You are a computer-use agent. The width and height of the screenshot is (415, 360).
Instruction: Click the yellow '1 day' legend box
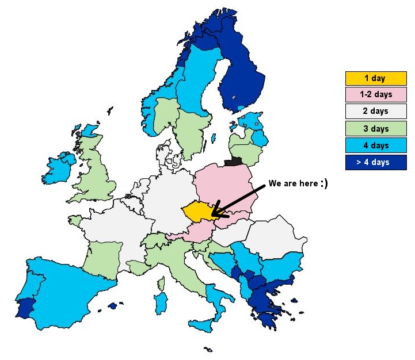point(375,78)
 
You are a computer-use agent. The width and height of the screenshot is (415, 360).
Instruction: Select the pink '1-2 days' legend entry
point(375,95)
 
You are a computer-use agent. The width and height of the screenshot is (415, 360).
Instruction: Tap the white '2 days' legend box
point(375,112)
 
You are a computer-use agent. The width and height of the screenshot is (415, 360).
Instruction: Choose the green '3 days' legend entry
point(375,128)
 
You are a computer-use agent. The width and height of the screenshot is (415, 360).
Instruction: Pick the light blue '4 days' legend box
point(375,145)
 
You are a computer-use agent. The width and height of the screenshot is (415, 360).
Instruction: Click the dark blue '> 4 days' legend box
point(375,162)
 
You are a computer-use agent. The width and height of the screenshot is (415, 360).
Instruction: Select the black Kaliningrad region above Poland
point(233,162)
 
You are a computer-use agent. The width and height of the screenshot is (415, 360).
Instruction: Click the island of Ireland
point(59,168)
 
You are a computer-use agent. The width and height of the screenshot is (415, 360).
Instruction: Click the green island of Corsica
point(161,283)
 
